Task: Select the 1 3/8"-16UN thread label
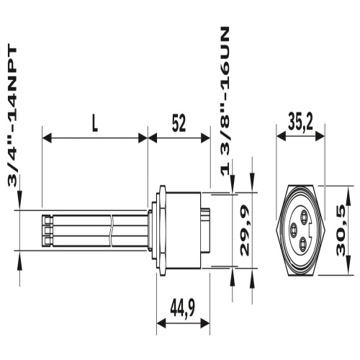click(225, 102)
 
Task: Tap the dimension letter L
click(95, 125)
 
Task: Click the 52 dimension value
click(179, 125)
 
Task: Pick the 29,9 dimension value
click(245, 230)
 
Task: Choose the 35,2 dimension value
click(300, 123)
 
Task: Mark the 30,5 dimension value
click(341, 230)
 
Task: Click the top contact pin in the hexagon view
click(305, 213)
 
